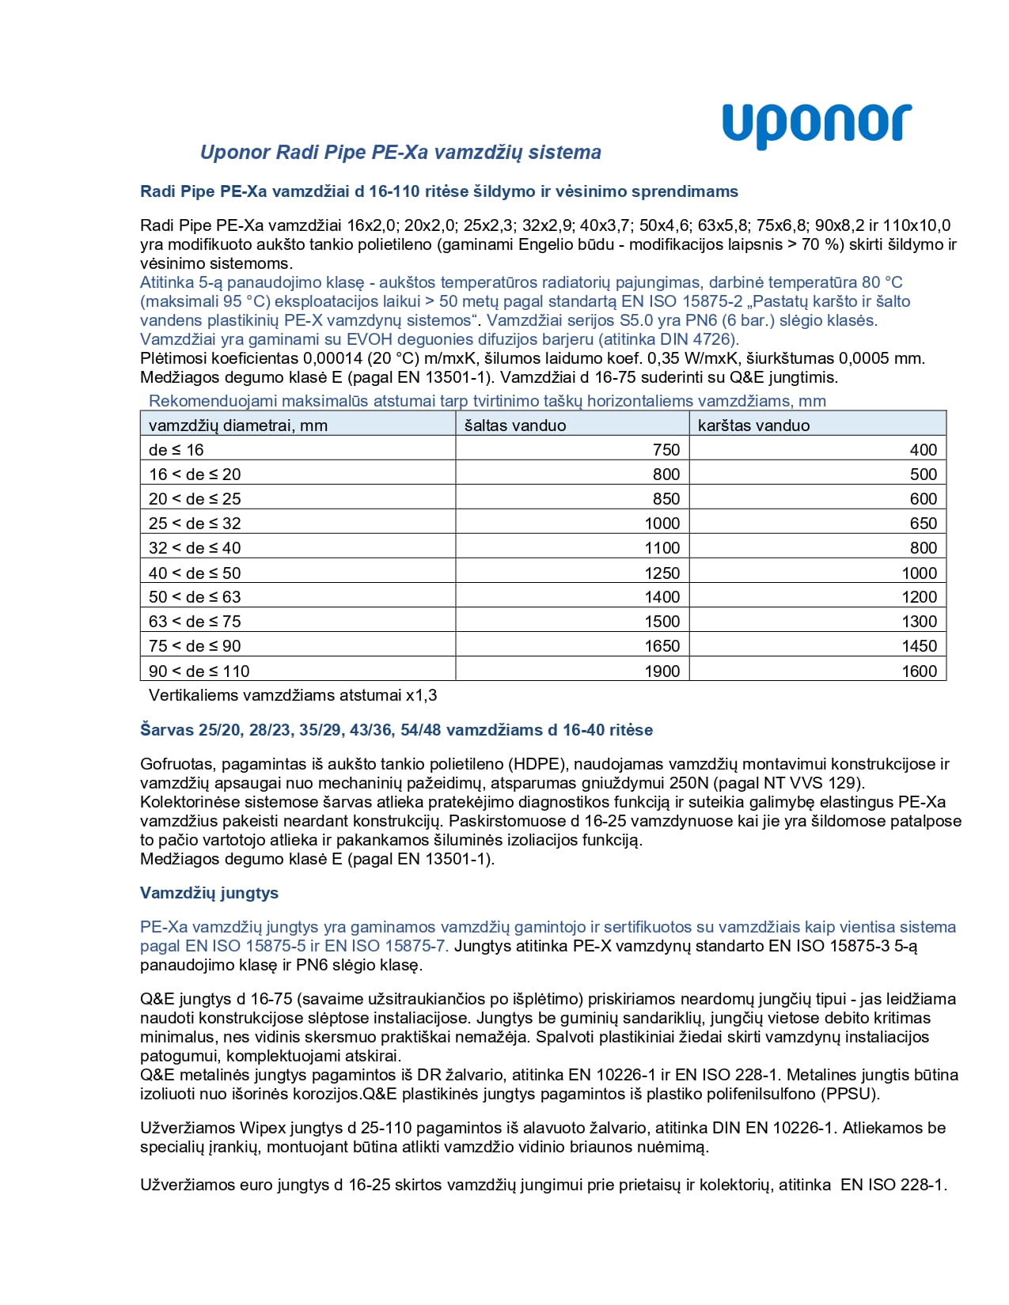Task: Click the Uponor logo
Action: tap(816, 125)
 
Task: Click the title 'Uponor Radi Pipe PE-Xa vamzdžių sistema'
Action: tap(400, 152)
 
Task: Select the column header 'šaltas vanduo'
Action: tap(515, 426)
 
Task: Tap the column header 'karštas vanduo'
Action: tap(753, 426)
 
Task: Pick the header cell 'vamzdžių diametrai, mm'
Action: tap(238, 426)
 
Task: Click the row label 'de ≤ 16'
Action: tap(176, 450)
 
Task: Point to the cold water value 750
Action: tap(666, 450)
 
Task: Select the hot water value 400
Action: tap(923, 450)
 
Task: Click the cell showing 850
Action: tap(666, 499)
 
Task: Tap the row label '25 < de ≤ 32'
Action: tap(195, 524)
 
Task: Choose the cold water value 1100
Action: tap(662, 548)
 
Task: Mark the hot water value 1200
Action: tap(919, 597)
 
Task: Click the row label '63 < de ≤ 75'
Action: tap(195, 622)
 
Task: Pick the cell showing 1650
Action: tap(662, 646)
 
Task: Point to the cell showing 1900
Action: tap(662, 671)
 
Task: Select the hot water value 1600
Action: tap(919, 671)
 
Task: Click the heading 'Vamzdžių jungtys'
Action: tap(209, 893)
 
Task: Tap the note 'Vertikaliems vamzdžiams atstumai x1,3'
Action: tap(293, 696)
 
